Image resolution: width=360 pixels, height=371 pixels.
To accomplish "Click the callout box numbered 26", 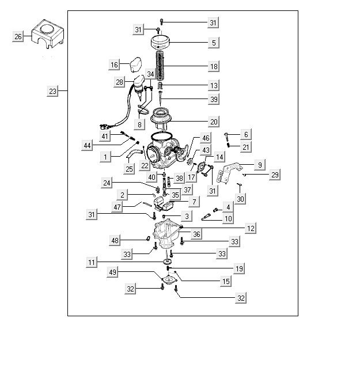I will (x=18, y=37).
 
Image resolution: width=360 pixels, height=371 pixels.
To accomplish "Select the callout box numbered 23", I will (x=52, y=91).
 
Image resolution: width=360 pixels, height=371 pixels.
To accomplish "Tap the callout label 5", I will (x=213, y=43).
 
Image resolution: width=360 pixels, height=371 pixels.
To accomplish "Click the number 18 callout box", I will (x=213, y=67).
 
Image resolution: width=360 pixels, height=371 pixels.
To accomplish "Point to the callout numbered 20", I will (x=213, y=122).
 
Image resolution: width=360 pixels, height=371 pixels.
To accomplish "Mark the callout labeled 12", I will (x=250, y=229).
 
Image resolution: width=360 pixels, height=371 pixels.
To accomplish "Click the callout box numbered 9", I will (x=259, y=165).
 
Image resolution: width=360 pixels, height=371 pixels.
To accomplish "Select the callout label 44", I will (x=87, y=146).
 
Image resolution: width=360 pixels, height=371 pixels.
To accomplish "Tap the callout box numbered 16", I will (x=114, y=65).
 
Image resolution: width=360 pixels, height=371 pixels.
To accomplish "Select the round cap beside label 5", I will (x=162, y=42).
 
